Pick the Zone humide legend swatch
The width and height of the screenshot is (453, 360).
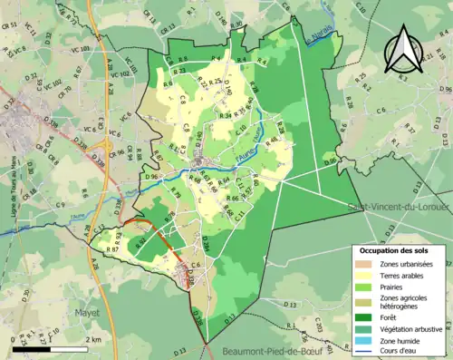[368, 343]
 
